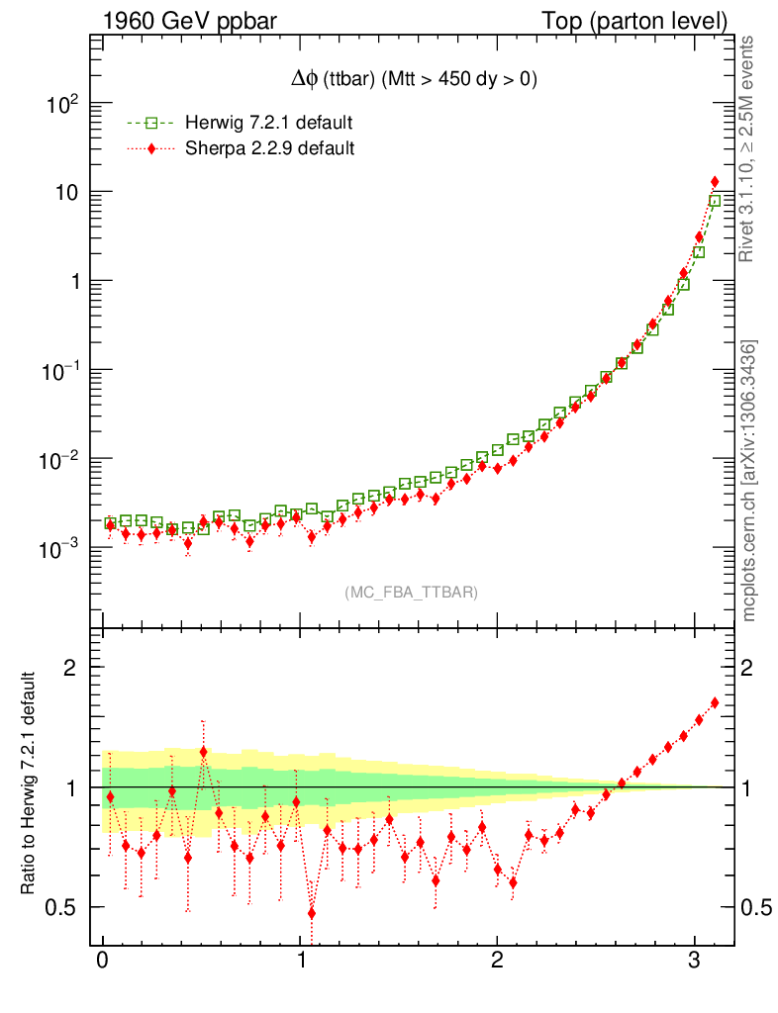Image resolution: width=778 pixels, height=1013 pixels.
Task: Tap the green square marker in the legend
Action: [150, 124]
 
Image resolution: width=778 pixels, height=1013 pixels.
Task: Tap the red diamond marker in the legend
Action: [150, 149]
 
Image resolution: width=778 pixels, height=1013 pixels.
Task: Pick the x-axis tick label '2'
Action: [497, 963]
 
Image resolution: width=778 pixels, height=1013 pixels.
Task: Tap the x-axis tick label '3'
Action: [695, 963]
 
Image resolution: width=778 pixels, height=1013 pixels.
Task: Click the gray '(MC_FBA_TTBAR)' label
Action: [412, 593]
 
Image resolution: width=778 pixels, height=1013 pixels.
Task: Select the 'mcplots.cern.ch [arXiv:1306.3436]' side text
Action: [749, 481]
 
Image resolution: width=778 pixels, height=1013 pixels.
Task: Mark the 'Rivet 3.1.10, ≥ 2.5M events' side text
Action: [749, 148]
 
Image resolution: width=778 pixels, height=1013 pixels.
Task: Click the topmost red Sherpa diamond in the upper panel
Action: [715, 182]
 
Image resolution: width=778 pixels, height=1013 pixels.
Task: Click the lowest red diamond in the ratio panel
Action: [312, 913]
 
